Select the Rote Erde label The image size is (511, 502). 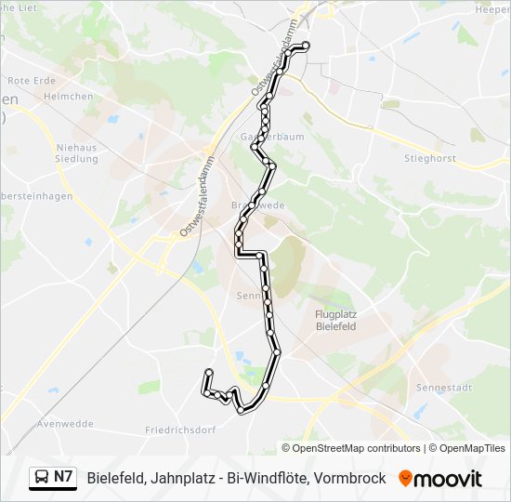pyautogui.click(x=32, y=80)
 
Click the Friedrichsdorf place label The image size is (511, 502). pyautogui.click(x=180, y=430)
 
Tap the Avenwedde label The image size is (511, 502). pyautogui.click(x=66, y=424)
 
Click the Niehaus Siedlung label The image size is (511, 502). pyautogui.click(x=76, y=152)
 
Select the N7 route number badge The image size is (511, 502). pyautogui.click(x=63, y=478)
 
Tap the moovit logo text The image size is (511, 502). pyautogui.click(x=448, y=479)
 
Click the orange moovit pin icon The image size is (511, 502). pyautogui.click(x=405, y=478)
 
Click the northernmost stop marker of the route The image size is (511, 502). pyautogui.click(x=306, y=46)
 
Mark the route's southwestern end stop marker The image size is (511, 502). pyautogui.click(x=206, y=374)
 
